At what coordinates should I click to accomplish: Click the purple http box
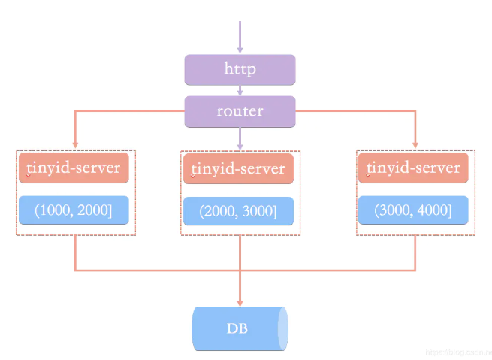pos(240,69)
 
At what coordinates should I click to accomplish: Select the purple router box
pos(240,111)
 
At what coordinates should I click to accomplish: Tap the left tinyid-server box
pos(74,168)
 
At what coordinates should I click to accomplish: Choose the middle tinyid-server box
pos(238,168)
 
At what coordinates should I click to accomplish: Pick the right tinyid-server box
pos(414,168)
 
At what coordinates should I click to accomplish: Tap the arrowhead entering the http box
pos(240,50)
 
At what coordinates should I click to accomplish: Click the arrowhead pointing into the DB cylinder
pos(240,301)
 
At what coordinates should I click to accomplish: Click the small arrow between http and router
pos(240,90)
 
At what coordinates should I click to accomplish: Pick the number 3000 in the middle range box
pos(258,212)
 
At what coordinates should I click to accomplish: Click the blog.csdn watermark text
pos(456,352)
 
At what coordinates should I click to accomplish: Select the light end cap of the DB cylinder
pos(283,328)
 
